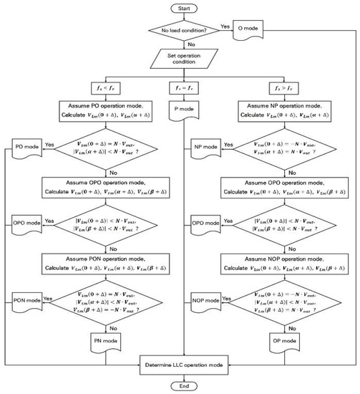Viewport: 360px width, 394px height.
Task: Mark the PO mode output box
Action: pos(28,148)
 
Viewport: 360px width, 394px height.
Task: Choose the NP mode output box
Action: pos(205,148)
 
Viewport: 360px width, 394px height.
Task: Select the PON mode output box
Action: pos(28,300)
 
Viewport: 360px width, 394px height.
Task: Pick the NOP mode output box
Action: pos(205,300)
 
